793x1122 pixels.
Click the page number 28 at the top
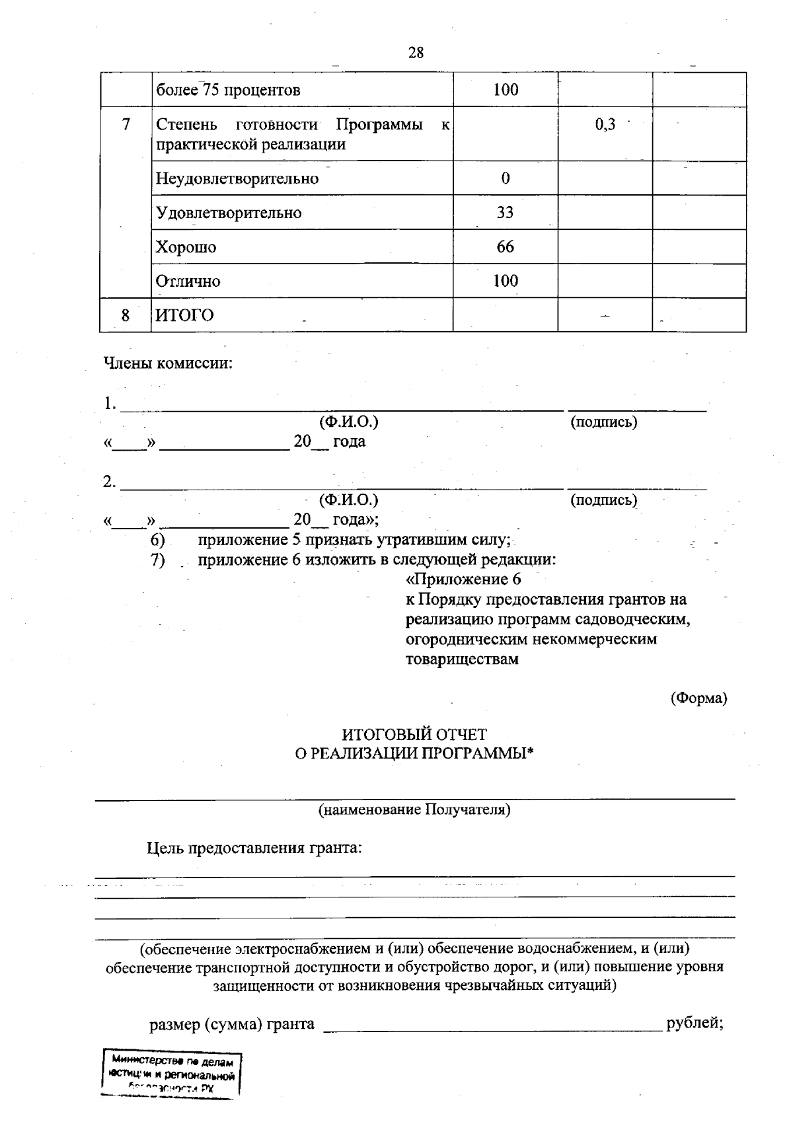[x=416, y=53]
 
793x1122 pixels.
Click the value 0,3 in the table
[x=605, y=124]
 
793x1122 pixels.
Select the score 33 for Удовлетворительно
[x=505, y=213]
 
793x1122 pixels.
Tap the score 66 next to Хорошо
[x=505, y=247]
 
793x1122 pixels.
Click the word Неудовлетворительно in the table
[x=237, y=178]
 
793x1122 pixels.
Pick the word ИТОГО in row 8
[x=184, y=315]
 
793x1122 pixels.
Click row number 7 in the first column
[x=126, y=124]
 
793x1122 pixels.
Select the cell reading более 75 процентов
[x=228, y=90]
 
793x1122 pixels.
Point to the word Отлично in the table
[x=188, y=281]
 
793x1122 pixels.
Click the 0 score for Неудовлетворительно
[x=505, y=178]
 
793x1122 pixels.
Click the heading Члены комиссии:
[x=168, y=363]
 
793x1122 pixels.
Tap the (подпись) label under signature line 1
[x=603, y=422]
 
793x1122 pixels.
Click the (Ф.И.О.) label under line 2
[x=348, y=500]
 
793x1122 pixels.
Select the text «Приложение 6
[x=463, y=580]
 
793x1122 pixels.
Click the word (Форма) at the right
[x=699, y=698]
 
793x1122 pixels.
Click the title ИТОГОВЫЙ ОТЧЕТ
[x=414, y=734]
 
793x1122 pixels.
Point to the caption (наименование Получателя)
[x=414, y=809]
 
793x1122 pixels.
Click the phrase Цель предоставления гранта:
[x=254, y=848]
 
